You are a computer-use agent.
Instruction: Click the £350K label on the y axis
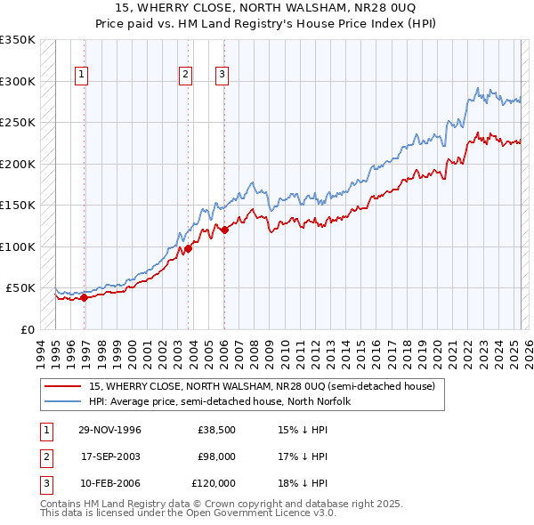pyautogui.click(x=18, y=40)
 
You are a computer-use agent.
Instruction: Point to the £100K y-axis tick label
pyautogui.click(x=18, y=246)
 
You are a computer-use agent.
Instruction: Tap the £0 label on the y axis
pyautogui.click(x=27, y=329)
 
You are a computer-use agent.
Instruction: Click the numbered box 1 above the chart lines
pyautogui.click(x=81, y=76)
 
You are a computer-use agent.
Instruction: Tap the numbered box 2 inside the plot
pyautogui.click(x=185, y=76)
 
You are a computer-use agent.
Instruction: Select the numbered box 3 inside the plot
pyautogui.click(x=222, y=76)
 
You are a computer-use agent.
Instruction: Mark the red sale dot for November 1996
pyautogui.click(x=85, y=297)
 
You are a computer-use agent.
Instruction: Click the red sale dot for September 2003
pyautogui.click(x=189, y=248)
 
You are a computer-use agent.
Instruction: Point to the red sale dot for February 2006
pyautogui.click(x=224, y=230)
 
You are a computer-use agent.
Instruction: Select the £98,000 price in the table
pyautogui.click(x=216, y=456)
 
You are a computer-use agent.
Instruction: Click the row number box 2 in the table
pyautogui.click(x=44, y=456)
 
